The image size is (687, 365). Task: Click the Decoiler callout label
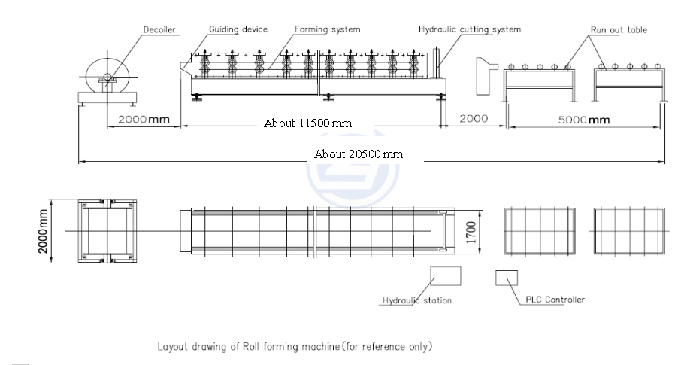159,30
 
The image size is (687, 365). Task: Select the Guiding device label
238,29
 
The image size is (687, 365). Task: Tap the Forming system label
327,29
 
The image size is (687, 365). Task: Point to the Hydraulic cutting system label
470,29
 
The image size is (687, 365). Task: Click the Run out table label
619,30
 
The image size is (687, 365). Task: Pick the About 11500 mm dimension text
307,123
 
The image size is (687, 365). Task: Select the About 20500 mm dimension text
359,154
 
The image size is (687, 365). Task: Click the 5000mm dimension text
584,120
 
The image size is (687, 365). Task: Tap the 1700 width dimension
471,233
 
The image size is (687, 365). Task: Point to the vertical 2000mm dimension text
43,231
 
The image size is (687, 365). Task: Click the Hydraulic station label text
417,300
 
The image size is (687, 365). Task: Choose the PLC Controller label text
555,300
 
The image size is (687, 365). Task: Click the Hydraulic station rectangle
446,276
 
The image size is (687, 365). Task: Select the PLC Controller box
507,278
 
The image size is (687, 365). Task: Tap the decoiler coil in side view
107,75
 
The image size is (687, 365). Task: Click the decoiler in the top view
107,231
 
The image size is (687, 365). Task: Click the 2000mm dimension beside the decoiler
144,120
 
